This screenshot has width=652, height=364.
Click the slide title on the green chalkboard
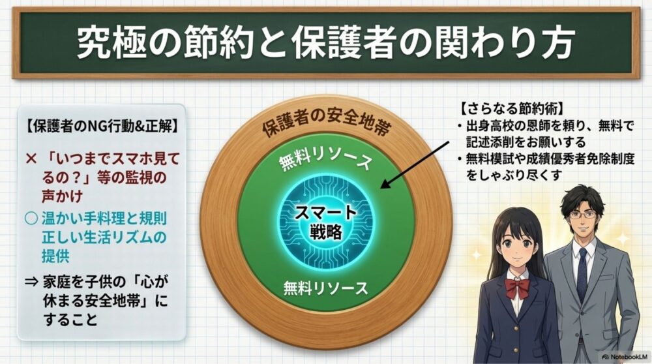pyautogui.click(x=325, y=43)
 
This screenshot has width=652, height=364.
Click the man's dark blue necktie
pyautogui.click(x=582, y=274)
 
